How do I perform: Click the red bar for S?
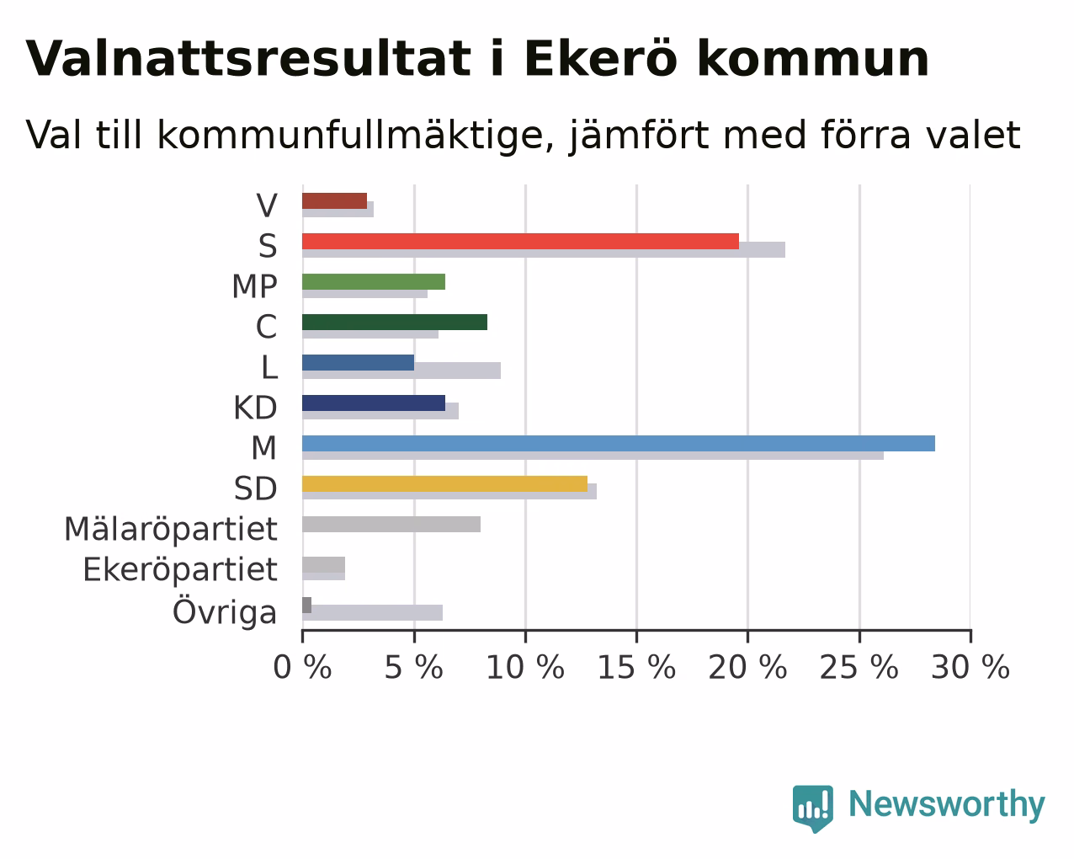[520, 241]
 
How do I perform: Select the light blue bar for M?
[619, 444]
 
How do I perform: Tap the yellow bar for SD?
[444, 484]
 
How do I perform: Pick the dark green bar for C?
[394, 322]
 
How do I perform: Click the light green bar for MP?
[374, 281]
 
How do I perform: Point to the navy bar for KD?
[374, 403]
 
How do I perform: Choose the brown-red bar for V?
[334, 200]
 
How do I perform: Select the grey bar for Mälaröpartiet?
[391, 525]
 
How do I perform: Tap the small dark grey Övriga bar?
[306, 606]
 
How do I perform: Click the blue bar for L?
[358, 363]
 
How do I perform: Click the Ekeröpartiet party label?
[179, 570]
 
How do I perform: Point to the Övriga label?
[225, 611]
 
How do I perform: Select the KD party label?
[255, 408]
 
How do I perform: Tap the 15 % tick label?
[636, 668]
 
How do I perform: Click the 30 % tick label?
[970, 668]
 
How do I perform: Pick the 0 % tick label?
[302, 668]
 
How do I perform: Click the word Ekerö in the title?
[601, 58]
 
